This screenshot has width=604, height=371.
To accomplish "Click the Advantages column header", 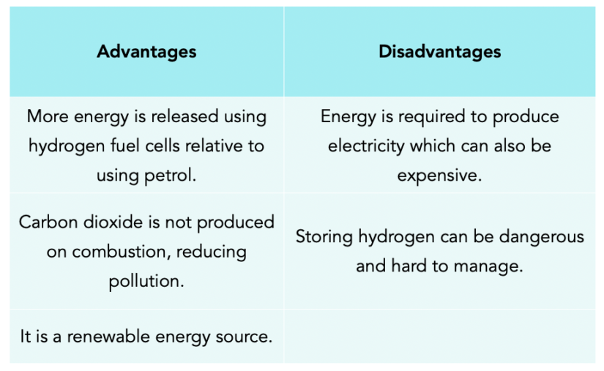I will point(146,52).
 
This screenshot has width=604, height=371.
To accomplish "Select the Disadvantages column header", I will point(439,52).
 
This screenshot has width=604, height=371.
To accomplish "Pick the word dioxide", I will point(112,222).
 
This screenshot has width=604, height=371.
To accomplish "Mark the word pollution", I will point(146,281).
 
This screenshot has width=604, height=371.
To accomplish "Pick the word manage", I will point(494,266).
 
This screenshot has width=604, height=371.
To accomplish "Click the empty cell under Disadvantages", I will point(439,336).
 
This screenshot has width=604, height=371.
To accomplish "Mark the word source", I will point(246,337).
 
